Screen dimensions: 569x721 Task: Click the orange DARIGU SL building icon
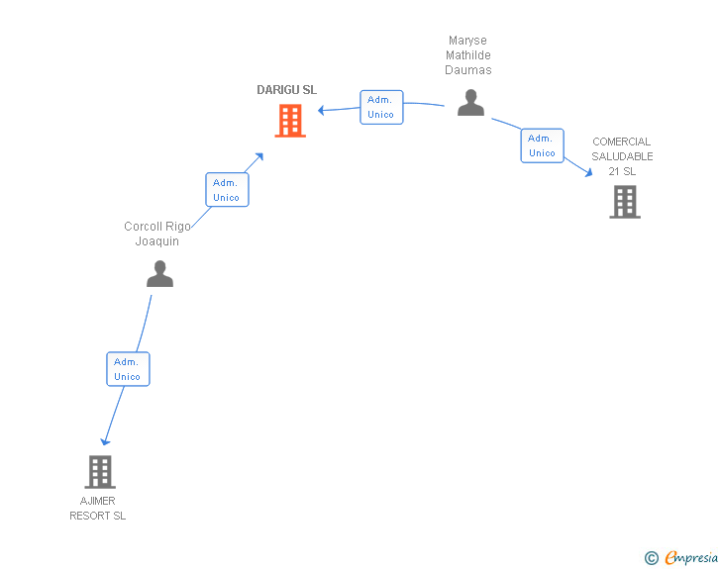[289, 121]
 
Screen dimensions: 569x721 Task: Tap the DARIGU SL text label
[286, 90]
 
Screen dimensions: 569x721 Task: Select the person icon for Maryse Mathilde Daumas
[470, 103]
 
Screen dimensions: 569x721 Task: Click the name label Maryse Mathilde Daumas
[467, 56]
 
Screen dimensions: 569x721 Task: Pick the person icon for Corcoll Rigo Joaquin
[159, 274]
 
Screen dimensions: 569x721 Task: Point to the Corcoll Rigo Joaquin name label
[157, 234]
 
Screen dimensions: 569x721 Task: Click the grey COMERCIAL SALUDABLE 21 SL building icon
[624, 202]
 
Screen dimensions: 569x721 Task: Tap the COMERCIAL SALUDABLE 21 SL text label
[622, 156]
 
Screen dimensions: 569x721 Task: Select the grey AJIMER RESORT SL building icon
[100, 472]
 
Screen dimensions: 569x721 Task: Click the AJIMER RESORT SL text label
[98, 508]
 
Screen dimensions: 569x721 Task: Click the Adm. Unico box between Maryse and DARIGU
[381, 107]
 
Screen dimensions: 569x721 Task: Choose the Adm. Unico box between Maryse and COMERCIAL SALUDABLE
[542, 145]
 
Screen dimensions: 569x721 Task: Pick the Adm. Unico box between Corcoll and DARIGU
[227, 189]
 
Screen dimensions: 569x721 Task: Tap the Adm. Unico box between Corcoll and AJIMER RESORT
[128, 369]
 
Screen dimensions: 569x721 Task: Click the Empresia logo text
[691, 557]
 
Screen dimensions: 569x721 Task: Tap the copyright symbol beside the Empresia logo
[651, 558]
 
